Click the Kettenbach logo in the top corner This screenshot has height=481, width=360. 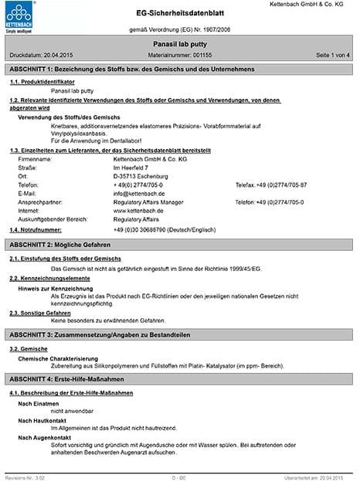tap(22, 17)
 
